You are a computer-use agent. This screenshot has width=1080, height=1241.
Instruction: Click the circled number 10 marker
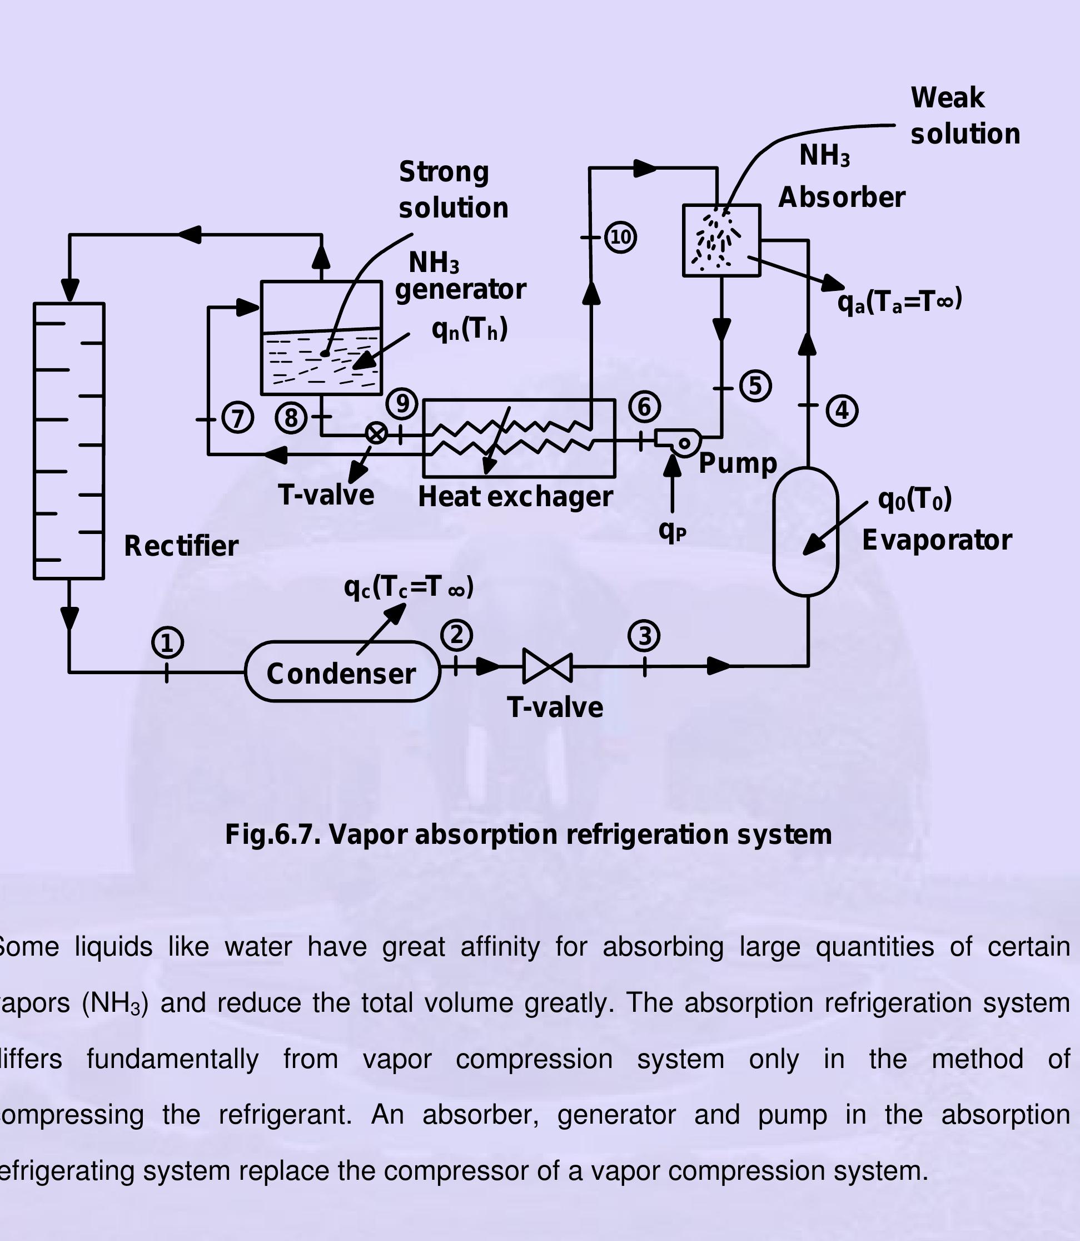click(x=620, y=237)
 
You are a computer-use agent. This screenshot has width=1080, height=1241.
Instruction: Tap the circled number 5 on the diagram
click(x=755, y=386)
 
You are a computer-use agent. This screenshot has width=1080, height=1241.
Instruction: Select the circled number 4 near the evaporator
click(x=842, y=411)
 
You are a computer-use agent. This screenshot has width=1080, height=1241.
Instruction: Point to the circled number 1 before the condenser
click(x=167, y=643)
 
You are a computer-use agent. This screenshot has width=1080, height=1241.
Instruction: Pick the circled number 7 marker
click(x=237, y=418)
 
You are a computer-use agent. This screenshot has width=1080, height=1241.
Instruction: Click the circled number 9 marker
click(x=402, y=403)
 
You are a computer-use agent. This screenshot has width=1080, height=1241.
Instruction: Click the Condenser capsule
click(x=342, y=672)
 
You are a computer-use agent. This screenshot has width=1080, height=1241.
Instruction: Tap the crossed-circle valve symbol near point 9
click(x=377, y=433)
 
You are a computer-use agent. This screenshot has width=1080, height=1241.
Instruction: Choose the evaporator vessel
click(x=806, y=531)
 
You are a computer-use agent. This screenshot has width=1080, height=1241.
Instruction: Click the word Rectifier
click(x=181, y=546)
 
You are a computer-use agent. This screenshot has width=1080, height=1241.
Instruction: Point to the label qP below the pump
click(x=672, y=531)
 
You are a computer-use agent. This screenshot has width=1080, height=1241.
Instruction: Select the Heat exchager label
click(x=515, y=497)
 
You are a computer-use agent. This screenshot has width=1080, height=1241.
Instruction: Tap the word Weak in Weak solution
click(x=947, y=98)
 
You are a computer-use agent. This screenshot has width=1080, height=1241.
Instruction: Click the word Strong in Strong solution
click(x=444, y=172)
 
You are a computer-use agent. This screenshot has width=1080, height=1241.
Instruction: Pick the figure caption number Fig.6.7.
click(x=273, y=835)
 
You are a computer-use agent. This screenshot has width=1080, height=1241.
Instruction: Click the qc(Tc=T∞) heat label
click(x=409, y=587)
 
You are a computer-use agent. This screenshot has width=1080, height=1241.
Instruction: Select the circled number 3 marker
click(x=644, y=636)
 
